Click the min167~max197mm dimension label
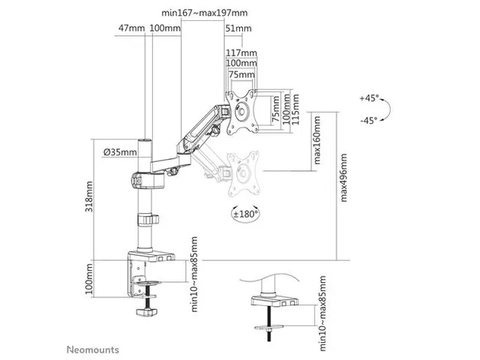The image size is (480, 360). click(205, 13)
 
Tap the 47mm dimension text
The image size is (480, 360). click(132, 28)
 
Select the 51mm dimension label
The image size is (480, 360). click(238, 28)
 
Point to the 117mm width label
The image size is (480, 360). click(241, 52)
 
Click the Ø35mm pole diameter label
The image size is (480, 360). click(120, 151)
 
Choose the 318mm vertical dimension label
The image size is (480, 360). click(88, 196)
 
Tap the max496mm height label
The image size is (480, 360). click(343, 178)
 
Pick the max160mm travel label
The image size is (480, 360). click(316, 140)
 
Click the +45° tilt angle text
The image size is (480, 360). click(370, 98)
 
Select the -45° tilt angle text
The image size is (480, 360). click(368, 121)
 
